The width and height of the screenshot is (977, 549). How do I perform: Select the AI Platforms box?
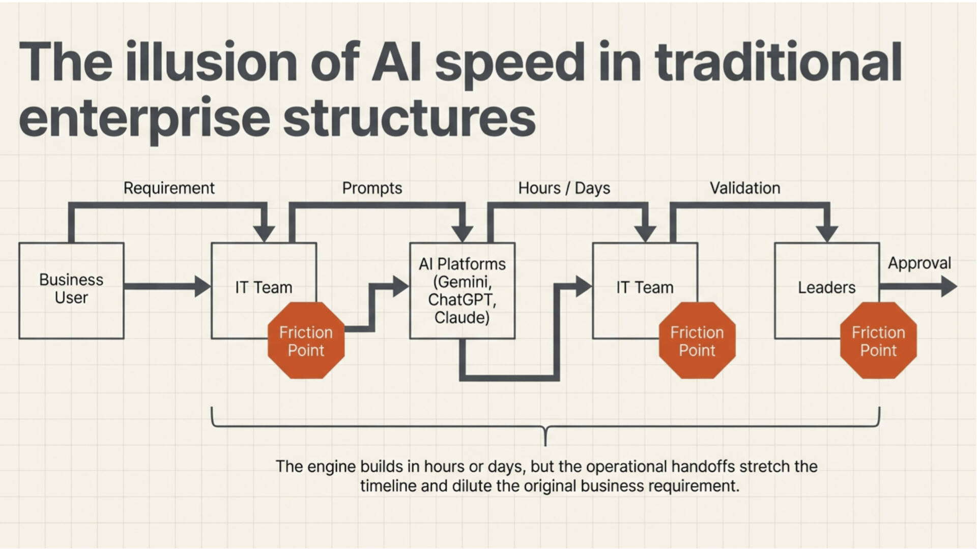(x=462, y=290)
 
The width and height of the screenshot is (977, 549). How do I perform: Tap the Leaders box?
(x=826, y=288)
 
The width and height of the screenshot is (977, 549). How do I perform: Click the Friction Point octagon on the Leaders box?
(x=878, y=341)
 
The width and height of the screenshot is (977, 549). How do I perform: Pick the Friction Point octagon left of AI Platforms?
(x=306, y=341)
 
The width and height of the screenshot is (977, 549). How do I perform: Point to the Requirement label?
(x=169, y=188)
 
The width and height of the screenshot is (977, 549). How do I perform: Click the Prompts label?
(x=372, y=188)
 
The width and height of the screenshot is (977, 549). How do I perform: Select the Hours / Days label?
(x=564, y=188)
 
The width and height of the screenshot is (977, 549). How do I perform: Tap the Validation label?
(x=745, y=188)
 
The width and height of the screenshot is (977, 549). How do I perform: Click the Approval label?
(x=919, y=263)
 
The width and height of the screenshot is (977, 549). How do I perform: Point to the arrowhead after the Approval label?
(x=949, y=287)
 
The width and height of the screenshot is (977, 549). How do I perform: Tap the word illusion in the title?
(x=211, y=63)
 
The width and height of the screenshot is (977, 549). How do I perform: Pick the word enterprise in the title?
(x=144, y=118)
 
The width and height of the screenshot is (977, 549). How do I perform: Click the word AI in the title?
(x=396, y=63)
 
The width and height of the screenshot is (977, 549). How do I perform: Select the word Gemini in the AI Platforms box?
(x=462, y=282)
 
